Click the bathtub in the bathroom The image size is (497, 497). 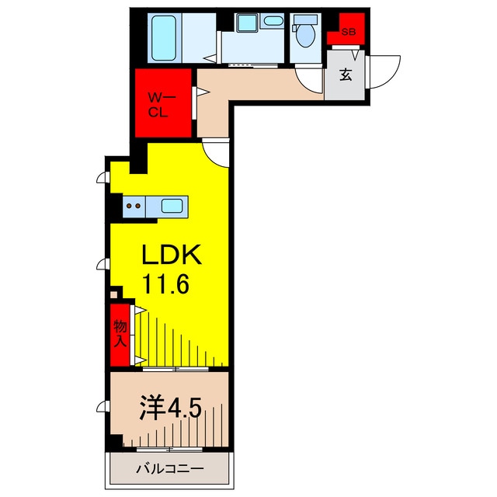pyautogui.click(x=164, y=38)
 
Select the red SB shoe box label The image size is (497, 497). pyautogui.click(x=349, y=32)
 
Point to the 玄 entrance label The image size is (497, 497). pyautogui.click(x=346, y=75)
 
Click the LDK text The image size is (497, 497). pyautogui.click(x=172, y=255)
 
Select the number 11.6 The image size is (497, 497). pyautogui.click(x=165, y=284)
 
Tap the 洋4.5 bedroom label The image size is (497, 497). pyautogui.click(x=171, y=408)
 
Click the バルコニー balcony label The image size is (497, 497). pyautogui.click(x=169, y=468)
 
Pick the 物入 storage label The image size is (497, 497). pyautogui.click(x=120, y=334)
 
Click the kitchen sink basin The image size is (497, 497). pyautogui.click(x=172, y=206)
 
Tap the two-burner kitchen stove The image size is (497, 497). pyautogui.click(x=134, y=207)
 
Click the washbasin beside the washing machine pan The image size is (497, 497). pyautogui.click(x=273, y=21)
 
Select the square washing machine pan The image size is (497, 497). pyautogui.click(x=247, y=23)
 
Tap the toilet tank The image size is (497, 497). pyautogui.click(x=305, y=19)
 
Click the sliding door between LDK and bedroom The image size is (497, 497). pyautogui.click(x=176, y=369)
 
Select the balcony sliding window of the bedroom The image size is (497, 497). pyautogui.click(x=169, y=449)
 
